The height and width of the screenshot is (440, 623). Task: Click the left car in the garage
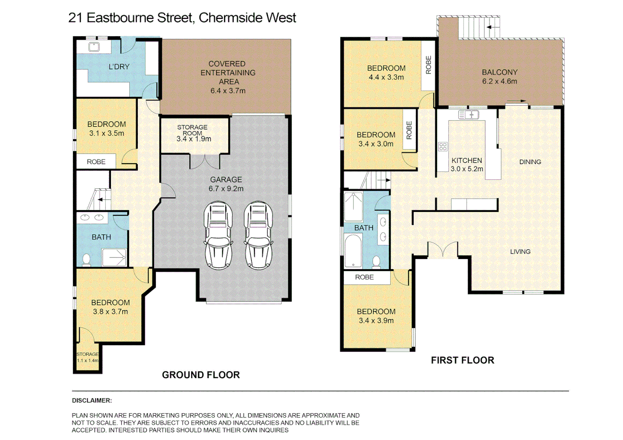click(219, 235)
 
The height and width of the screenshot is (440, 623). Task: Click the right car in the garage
click(258, 235)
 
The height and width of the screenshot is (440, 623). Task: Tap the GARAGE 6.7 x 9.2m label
click(226, 184)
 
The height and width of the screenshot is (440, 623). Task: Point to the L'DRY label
click(119, 67)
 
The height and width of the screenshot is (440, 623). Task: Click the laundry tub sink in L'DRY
click(94, 47)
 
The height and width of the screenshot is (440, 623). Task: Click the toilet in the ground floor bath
click(86, 260)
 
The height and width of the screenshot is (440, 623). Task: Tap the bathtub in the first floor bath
click(353, 250)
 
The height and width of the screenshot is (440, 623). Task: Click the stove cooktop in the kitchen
click(443, 147)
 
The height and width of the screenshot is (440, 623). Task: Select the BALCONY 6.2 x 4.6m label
click(499, 77)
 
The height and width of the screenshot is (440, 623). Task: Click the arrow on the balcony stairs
click(493, 27)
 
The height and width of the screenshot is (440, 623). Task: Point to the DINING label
click(530, 162)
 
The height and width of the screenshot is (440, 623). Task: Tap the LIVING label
click(520, 252)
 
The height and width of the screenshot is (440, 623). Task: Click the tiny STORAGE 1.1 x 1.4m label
click(88, 357)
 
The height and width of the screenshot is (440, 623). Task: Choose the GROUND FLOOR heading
click(201, 375)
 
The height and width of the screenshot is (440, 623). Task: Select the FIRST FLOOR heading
click(462, 360)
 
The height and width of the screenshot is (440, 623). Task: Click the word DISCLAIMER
click(92, 400)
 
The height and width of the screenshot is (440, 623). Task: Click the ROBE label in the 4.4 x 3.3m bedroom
click(429, 65)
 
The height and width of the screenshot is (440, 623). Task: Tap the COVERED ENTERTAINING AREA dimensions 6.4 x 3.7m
click(228, 91)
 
